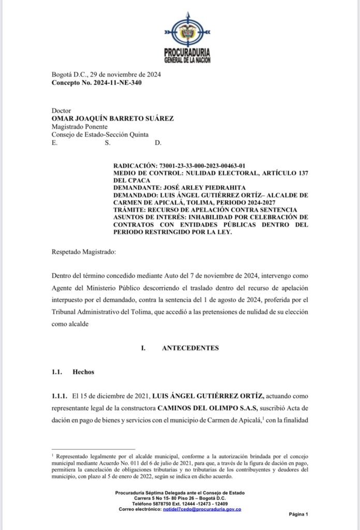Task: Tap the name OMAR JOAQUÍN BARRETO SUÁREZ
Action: pyautogui.click(x=113, y=119)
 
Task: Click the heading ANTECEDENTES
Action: pyautogui.click(x=190, y=348)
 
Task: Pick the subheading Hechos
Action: pyautogui.click(x=83, y=372)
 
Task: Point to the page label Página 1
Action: pyautogui.click(x=298, y=514)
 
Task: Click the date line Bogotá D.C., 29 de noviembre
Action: pyautogui.click(x=107, y=75)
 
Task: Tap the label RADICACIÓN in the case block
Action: pyautogui.click(x=136, y=166)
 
